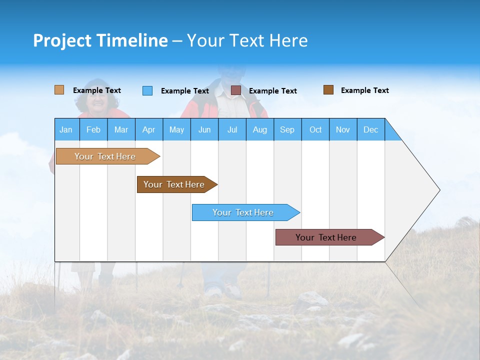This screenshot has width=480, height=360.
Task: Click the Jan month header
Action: (66, 129)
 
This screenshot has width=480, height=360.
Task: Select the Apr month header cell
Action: (149, 129)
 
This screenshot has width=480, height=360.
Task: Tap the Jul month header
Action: (232, 129)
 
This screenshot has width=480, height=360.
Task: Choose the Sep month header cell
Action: (287, 129)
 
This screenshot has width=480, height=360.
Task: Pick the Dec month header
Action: (370, 129)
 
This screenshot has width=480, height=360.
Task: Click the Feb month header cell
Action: (93, 129)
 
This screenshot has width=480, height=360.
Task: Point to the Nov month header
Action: (343, 129)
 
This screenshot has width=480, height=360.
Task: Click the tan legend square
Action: (59, 90)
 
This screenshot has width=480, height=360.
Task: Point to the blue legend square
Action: (147, 90)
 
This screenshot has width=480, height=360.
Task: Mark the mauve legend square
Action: (236, 90)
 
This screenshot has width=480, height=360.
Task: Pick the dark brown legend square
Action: (328, 90)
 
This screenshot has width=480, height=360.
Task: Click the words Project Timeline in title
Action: (100, 40)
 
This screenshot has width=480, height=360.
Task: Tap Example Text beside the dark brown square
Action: (364, 90)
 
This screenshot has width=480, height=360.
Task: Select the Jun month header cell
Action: (204, 129)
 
